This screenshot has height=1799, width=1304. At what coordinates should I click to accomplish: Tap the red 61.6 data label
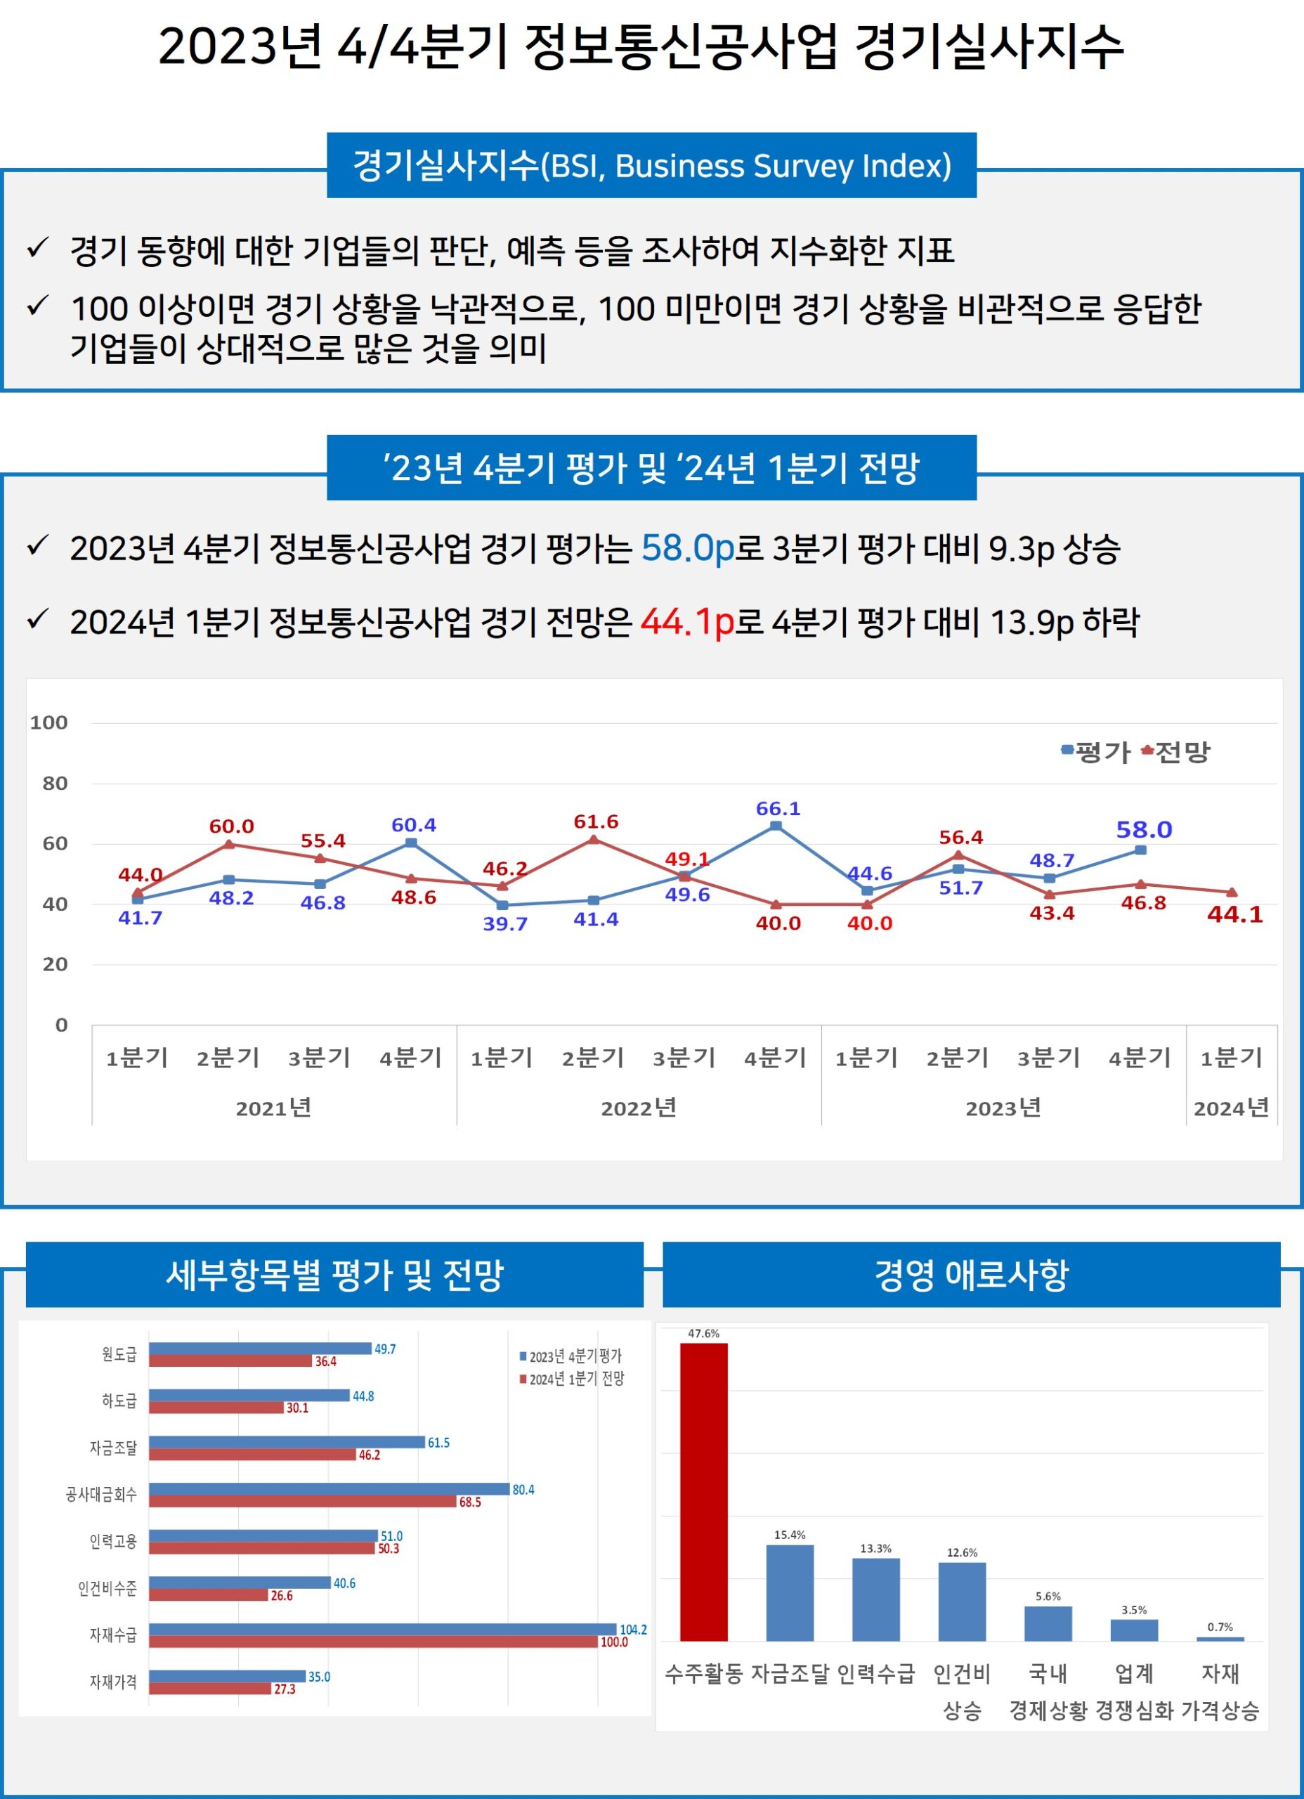[x=596, y=821]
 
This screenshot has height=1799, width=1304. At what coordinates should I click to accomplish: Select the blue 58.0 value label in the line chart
[x=1143, y=830]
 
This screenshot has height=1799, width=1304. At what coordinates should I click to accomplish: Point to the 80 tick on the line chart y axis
[x=55, y=783]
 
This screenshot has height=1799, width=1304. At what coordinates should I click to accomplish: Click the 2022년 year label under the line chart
[x=639, y=1108]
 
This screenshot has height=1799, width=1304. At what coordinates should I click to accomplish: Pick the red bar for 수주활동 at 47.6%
[x=703, y=1490]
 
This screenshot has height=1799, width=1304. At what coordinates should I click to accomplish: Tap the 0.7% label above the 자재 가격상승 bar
[x=1220, y=1627]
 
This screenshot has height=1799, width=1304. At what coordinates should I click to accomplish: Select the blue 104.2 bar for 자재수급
[x=382, y=1629]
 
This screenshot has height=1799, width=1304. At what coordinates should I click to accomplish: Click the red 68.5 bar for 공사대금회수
[x=302, y=1502]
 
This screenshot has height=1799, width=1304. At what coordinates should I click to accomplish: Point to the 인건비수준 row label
[x=107, y=1588]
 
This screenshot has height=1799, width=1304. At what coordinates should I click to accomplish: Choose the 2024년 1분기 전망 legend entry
[x=572, y=1379]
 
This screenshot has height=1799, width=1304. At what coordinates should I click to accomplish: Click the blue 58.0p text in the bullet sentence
[x=688, y=548]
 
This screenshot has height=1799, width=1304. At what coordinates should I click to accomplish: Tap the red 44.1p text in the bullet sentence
[x=687, y=622]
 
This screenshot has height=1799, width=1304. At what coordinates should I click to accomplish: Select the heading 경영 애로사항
[x=971, y=1275]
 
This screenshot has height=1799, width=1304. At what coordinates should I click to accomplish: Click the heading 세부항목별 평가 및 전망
[x=334, y=1275]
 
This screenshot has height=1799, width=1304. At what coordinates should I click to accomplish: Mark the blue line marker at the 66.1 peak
[x=776, y=826]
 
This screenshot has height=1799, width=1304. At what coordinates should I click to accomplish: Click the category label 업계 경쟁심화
[x=1134, y=1690]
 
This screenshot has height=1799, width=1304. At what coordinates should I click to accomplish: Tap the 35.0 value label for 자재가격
[x=319, y=1677]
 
